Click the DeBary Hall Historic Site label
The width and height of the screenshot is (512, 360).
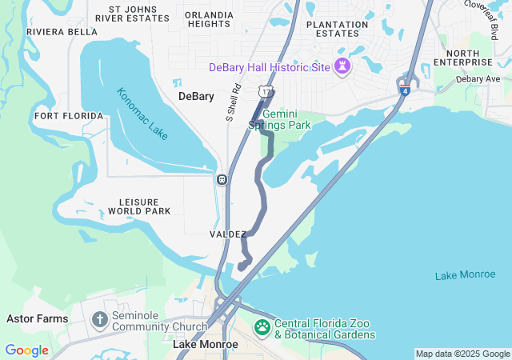(x=270, y=67)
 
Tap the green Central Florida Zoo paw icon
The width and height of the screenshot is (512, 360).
(x=262, y=327)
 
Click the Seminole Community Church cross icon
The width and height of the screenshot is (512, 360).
(x=99, y=321)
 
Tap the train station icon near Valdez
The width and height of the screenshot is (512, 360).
(x=221, y=178)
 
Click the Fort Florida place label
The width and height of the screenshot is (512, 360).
(x=69, y=116)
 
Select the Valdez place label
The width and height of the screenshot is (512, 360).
(x=228, y=234)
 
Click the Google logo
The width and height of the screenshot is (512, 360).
(x=26, y=350)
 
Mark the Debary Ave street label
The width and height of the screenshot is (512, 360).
(x=478, y=79)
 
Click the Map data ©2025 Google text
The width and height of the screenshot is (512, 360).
(x=462, y=354)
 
